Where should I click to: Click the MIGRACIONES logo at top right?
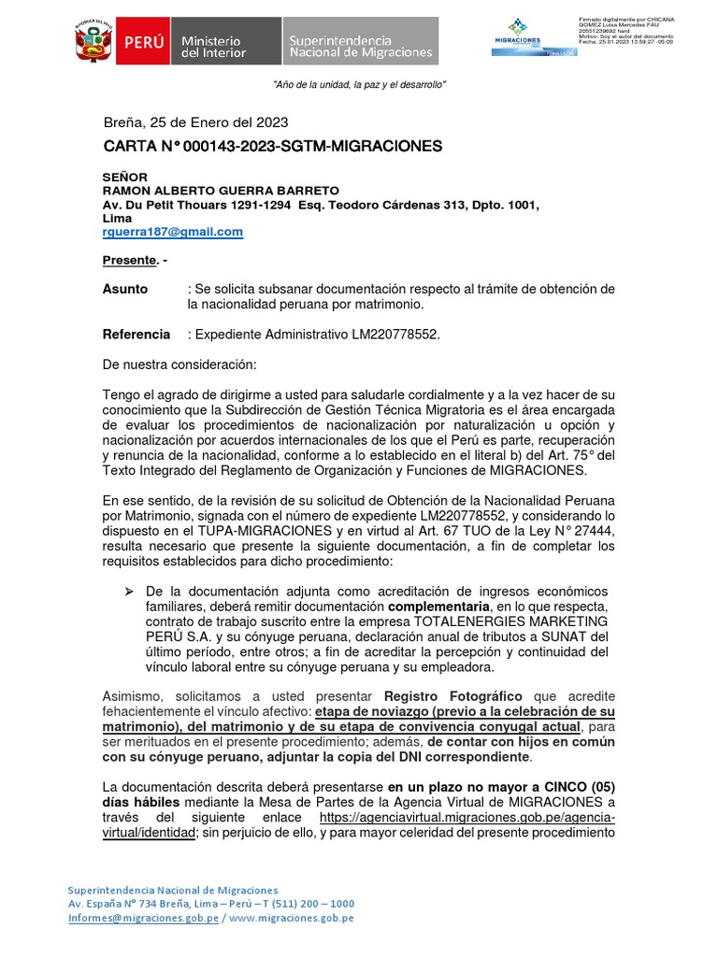pos(518,39)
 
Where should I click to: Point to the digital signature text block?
pos(626,30)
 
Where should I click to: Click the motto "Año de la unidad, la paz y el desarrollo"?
pos(359,85)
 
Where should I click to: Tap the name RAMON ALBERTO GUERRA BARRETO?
pos(207,191)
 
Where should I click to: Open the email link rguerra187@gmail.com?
pos(172,232)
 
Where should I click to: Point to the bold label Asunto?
pos(124,289)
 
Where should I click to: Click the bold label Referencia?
pos(136,334)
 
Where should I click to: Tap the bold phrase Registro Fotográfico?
pos(452,696)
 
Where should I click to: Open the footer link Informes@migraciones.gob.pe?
pos(143,918)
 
